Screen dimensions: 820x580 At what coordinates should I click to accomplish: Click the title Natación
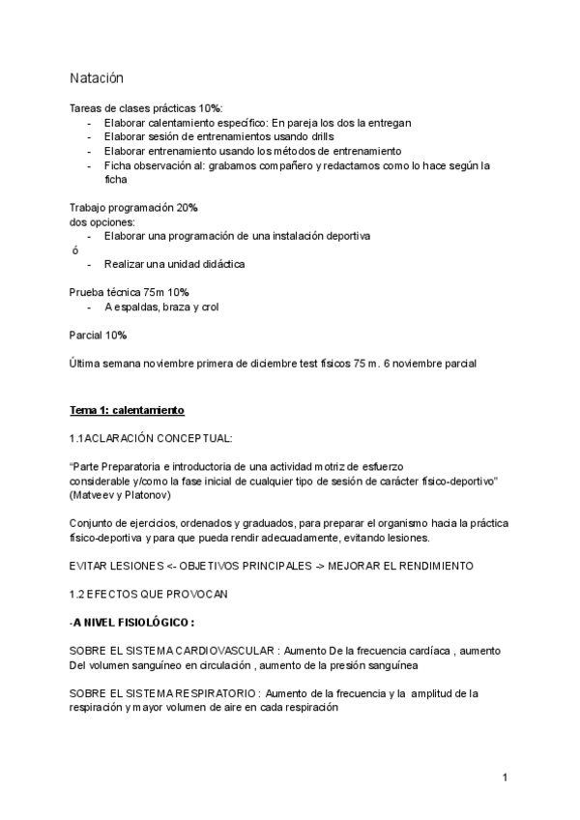(97, 77)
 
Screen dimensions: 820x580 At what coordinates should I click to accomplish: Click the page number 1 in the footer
(505, 776)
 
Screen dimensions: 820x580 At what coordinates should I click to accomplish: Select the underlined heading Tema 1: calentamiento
(127, 410)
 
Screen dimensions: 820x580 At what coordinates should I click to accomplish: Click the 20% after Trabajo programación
(188, 208)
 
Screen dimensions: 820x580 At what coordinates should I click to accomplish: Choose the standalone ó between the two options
(75, 249)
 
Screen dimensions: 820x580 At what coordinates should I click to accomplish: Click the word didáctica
(221, 264)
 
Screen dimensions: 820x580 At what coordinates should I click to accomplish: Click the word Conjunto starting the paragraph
(91, 522)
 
